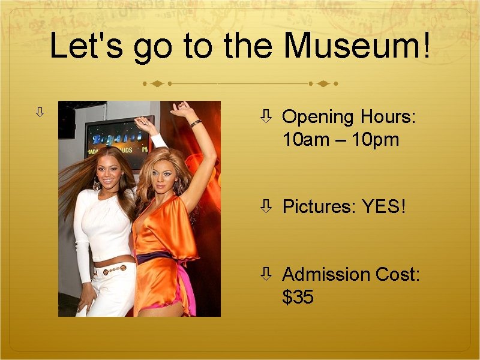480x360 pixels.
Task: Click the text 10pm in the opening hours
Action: coord(376,140)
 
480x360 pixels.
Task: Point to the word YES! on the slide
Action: coord(384,207)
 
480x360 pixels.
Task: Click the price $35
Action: coord(298,296)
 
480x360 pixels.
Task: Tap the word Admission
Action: coord(326,274)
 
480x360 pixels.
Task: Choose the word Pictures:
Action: coord(319,207)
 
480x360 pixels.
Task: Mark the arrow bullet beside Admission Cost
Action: coord(266,274)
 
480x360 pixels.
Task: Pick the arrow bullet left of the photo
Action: coord(40,112)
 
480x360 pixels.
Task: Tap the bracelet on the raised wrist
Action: coord(195,124)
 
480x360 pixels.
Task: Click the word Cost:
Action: coord(397,274)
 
